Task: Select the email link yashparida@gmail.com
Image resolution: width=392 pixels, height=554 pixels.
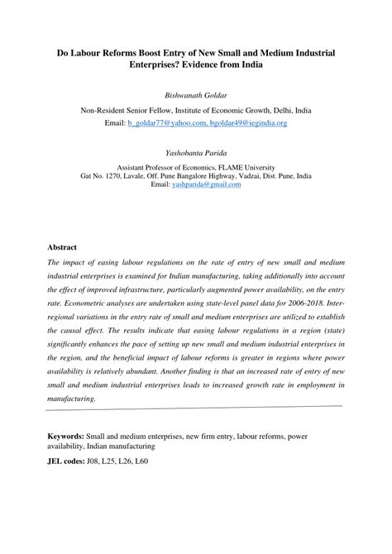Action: pos(207,184)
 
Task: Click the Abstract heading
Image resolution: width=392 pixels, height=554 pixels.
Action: pos(62,247)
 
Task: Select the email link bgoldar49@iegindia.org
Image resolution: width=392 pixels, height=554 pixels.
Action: pos(246,122)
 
